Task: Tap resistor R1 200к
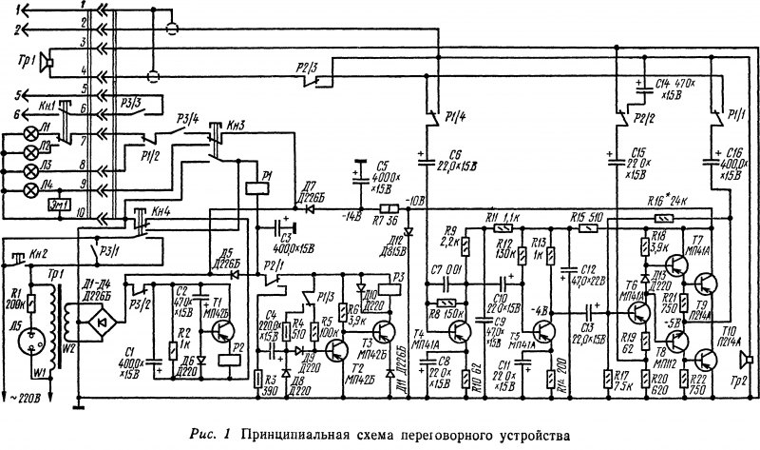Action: [29, 303]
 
